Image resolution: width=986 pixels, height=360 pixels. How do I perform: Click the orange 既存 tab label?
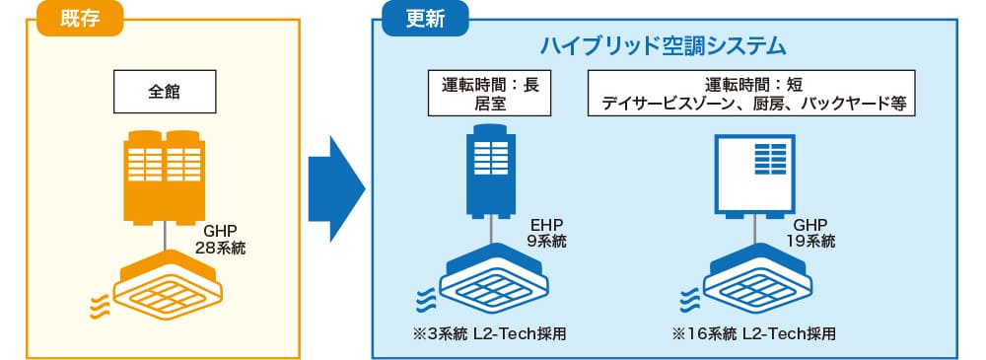pos(80,19)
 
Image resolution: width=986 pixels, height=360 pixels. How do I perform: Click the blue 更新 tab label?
pos(426,19)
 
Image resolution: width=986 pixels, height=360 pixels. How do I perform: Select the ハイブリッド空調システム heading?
pos(665,46)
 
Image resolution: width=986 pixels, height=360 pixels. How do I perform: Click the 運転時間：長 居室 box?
pos(489,93)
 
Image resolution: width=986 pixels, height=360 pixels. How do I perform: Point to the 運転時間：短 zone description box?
pos(750,93)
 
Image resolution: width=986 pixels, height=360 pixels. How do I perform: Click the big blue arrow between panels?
pos(336,188)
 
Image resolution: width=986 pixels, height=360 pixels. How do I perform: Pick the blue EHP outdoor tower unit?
pos(490,172)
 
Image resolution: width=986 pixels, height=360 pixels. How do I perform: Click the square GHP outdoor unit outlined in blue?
pos(754,177)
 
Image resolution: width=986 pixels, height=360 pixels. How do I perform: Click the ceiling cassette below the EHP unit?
pos(492,277)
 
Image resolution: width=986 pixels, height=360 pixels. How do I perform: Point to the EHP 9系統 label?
pos(546,233)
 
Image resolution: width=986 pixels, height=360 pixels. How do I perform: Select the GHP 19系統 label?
pos(810,233)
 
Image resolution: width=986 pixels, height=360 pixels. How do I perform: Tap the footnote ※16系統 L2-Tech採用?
pos(753,334)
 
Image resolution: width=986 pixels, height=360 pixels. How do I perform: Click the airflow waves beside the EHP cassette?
pos(425,297)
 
